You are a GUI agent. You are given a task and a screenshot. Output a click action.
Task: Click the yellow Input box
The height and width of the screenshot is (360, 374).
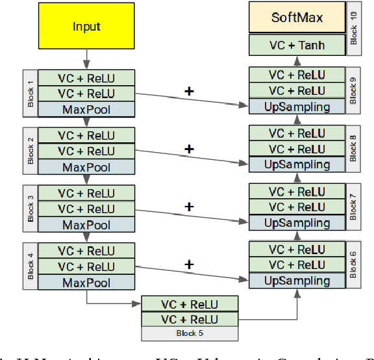86,27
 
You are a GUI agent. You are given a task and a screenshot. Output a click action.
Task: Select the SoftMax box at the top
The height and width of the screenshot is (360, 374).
297,17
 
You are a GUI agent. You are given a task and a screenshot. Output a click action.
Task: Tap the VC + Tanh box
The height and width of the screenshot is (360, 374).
297,45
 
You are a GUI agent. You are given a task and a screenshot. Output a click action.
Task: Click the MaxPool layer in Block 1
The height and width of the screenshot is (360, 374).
86,109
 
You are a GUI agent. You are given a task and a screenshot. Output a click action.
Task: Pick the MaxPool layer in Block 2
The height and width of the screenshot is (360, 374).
86,167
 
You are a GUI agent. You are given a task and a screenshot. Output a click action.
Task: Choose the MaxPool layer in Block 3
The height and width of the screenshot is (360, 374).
86,225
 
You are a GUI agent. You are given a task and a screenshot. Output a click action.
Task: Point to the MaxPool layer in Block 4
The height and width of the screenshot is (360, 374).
86,283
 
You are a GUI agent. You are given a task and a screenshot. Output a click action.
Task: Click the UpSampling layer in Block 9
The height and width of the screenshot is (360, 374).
297,107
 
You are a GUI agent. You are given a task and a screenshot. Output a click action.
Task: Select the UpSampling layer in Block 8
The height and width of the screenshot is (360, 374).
297,164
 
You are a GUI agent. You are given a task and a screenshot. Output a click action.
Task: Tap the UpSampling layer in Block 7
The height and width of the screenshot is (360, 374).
297,222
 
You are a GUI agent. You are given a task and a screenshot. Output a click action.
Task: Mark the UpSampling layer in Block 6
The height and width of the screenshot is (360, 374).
297,280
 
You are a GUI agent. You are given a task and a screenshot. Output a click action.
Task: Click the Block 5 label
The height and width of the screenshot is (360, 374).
190,333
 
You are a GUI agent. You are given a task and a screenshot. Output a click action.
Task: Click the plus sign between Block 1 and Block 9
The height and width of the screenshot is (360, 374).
190,92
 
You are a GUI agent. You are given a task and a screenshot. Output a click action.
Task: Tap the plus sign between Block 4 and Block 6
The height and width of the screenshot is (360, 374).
190,264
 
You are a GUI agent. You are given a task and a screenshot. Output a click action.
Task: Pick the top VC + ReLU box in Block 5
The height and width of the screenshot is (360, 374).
190,304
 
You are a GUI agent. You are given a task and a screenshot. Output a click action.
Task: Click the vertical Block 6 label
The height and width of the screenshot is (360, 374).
354,264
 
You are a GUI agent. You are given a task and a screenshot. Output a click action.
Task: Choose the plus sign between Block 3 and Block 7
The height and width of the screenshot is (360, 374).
190,207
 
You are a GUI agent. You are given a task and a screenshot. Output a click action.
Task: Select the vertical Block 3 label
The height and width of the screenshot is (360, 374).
30,209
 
